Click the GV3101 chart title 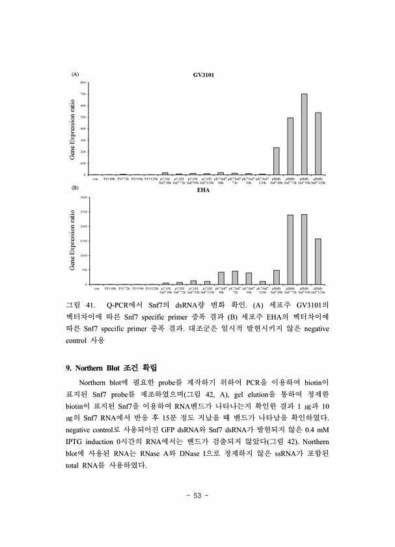pos(204,76)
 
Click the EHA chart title pos(202,191)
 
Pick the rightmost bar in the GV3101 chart pos(318,143)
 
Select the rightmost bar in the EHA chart pos(318,261)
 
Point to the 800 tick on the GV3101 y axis pos(83,83)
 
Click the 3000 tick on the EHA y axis pos(82,197)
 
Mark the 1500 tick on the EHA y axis pos(82,241)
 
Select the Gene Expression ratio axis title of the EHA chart pos(73,240)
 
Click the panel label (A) pos(75,75)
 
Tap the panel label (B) pos(75,188)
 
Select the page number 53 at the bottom pos(197,496)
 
